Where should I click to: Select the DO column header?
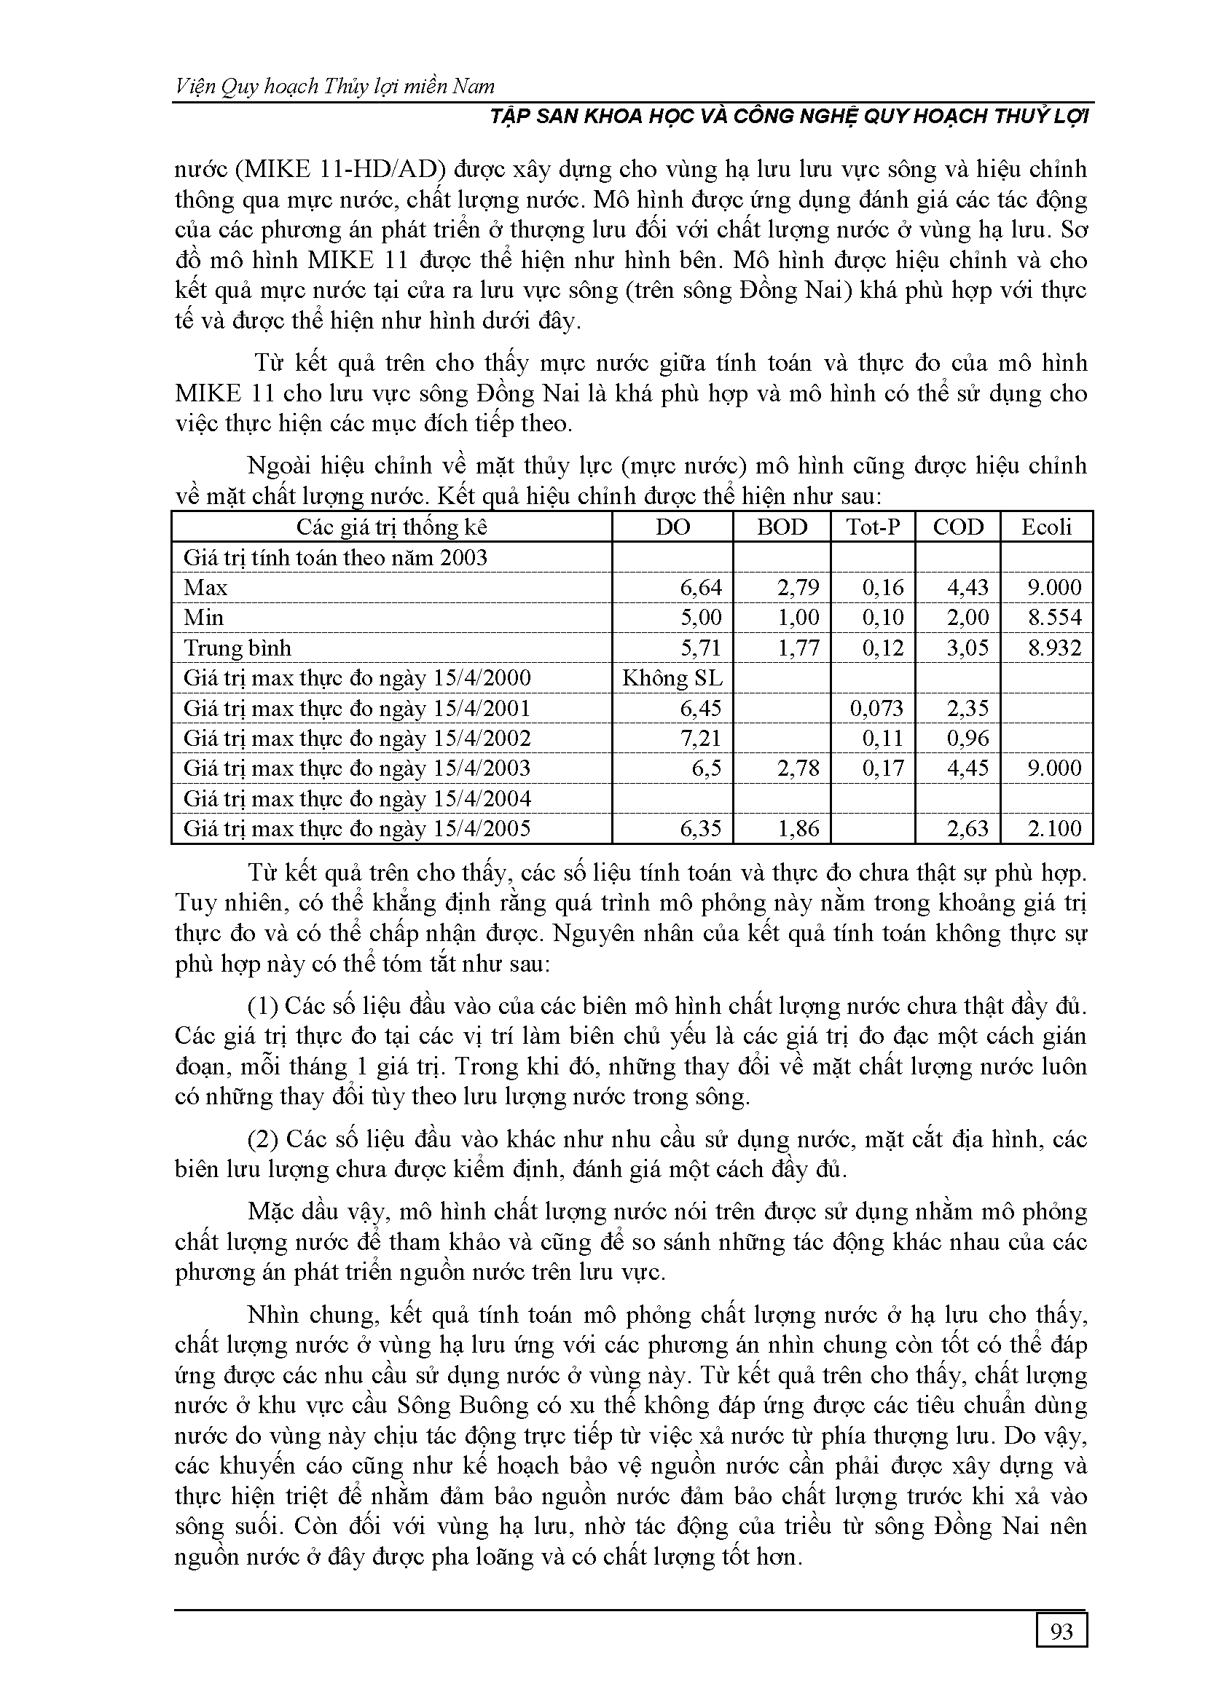pyautogui.click(x=673, y=527)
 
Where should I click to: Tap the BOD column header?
pyautogui.click(x=781, y=527)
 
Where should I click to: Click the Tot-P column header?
pyautogui.click(x=874, y=527)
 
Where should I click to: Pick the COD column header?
pyautogui.click(x=958, y=527)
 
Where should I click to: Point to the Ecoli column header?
pyautogui.click(x=1046, y=527)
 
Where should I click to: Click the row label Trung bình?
pyautogui.click(x=238, y=648)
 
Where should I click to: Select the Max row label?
pyautogui.click(x=205, y=587)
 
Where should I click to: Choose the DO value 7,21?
pyautogui.click(x=700, y=739)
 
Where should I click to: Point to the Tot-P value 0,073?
pyautogui.click(x=876, y=708)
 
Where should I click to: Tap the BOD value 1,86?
pyautogui.click(x=798, y=828)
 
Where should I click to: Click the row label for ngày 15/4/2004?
pyautogui.click(x=357, y=799)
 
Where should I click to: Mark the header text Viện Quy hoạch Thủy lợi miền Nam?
pyautogui.click(x=334, y=87)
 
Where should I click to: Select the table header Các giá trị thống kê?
pyautogui.click(x=392, y=527)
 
